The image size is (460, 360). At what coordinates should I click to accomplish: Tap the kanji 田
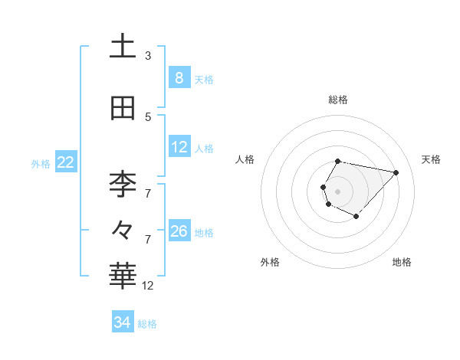(x=123, y=109)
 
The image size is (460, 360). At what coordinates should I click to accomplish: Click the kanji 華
(x=123, y=276)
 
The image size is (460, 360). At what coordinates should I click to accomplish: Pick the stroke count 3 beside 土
(x=148, y=56)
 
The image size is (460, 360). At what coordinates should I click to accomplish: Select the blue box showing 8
(x=179, y=78)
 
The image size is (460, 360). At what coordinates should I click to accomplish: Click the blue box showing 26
(x=179, y=231)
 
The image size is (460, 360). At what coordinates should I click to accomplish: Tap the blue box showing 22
(x=66, y=162)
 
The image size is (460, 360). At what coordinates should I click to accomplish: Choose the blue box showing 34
(x=123, y=323)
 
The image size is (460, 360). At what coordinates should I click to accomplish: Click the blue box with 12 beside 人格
(x=179, y=147)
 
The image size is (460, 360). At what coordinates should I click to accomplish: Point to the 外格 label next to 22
(x=41, y=163)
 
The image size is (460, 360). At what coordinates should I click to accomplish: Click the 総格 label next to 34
(x=147, y=324)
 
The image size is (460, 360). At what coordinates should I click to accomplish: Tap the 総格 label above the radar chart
(x=338, y=100)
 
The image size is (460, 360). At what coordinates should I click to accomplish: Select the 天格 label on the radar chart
(x=431, y=159)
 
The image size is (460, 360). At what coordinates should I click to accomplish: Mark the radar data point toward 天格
(x=396, y=172)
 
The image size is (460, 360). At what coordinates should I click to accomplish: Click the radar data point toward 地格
(x=356, y=217)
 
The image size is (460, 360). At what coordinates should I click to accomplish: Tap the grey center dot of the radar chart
(x=338, y=191)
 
